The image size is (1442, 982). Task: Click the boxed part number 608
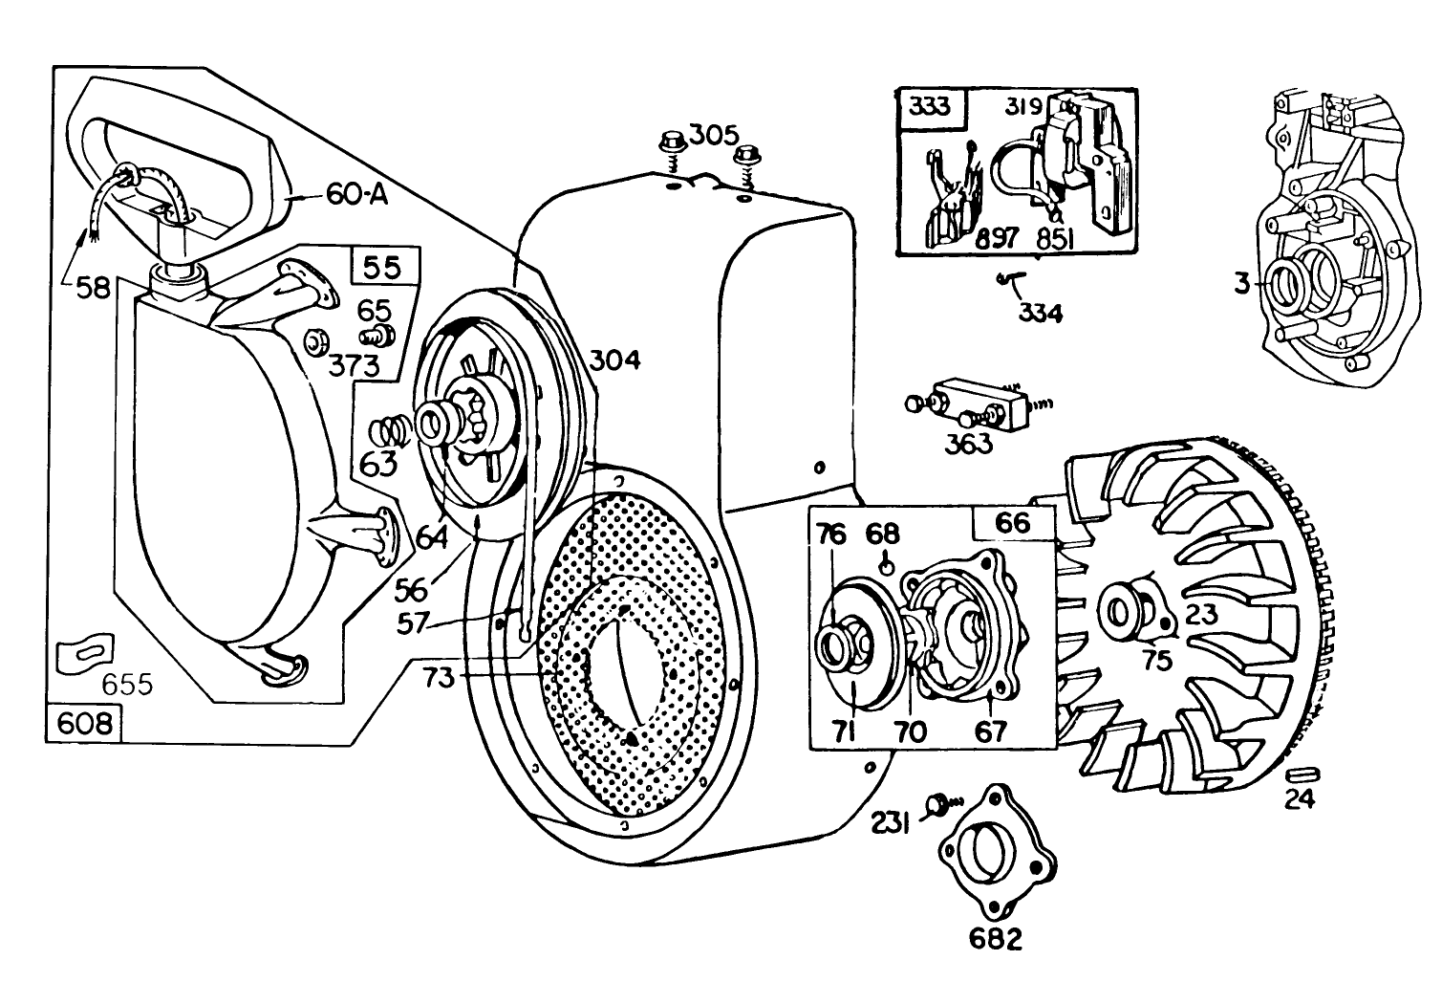click(x=84, y=723)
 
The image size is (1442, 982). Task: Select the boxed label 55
click(x=386, y=267)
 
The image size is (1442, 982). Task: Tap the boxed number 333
click(x=931, y=105)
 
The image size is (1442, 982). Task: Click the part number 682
click(x=994, y=939)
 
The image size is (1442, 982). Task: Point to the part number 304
click(x=613, y=360)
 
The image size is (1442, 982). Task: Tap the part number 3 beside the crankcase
click(x=1240, y=284)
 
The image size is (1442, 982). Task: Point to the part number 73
click(x=440, y=678)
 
